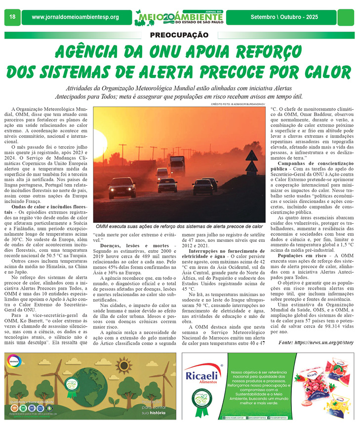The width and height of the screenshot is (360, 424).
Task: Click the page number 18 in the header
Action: [12, 17]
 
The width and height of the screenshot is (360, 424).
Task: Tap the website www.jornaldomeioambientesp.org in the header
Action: [75, 17]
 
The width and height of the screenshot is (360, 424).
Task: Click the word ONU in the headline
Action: [158, 51]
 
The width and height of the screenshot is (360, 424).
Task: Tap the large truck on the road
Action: [178, 165]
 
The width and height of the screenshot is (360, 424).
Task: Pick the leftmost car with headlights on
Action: [122, 189]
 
